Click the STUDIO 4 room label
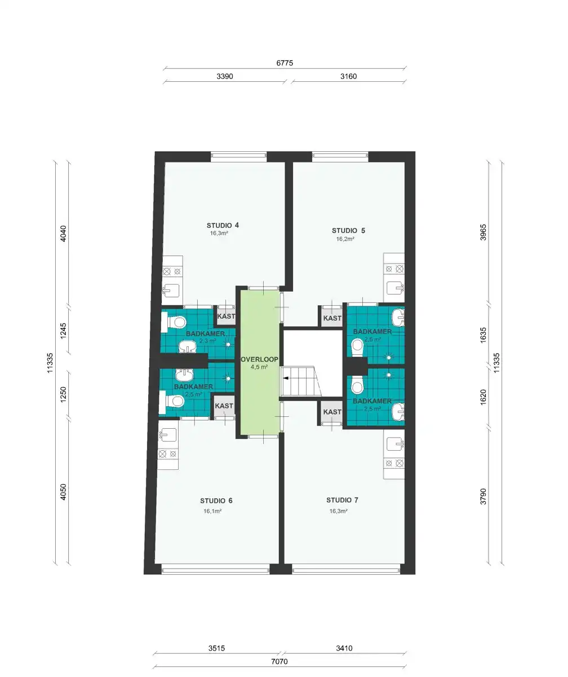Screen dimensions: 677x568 [223, 225]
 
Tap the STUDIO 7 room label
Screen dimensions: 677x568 [342, 500]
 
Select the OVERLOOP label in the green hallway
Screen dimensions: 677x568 [259, 359]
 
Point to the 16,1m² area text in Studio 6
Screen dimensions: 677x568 [212, 511]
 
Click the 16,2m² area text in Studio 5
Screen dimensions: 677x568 [345, 239]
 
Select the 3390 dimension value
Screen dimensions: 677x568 [224, 76]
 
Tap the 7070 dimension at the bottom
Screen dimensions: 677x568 [279, 661]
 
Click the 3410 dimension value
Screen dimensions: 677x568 [344, 648]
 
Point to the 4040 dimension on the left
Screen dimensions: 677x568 [63, 234]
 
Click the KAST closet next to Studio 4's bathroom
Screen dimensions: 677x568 [226, 316]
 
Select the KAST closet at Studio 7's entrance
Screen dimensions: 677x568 [332, 412]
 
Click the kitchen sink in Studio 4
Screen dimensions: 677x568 [171, 290]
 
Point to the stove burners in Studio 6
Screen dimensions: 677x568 [168, 454]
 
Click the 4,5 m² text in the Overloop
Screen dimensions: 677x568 [259, 367]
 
